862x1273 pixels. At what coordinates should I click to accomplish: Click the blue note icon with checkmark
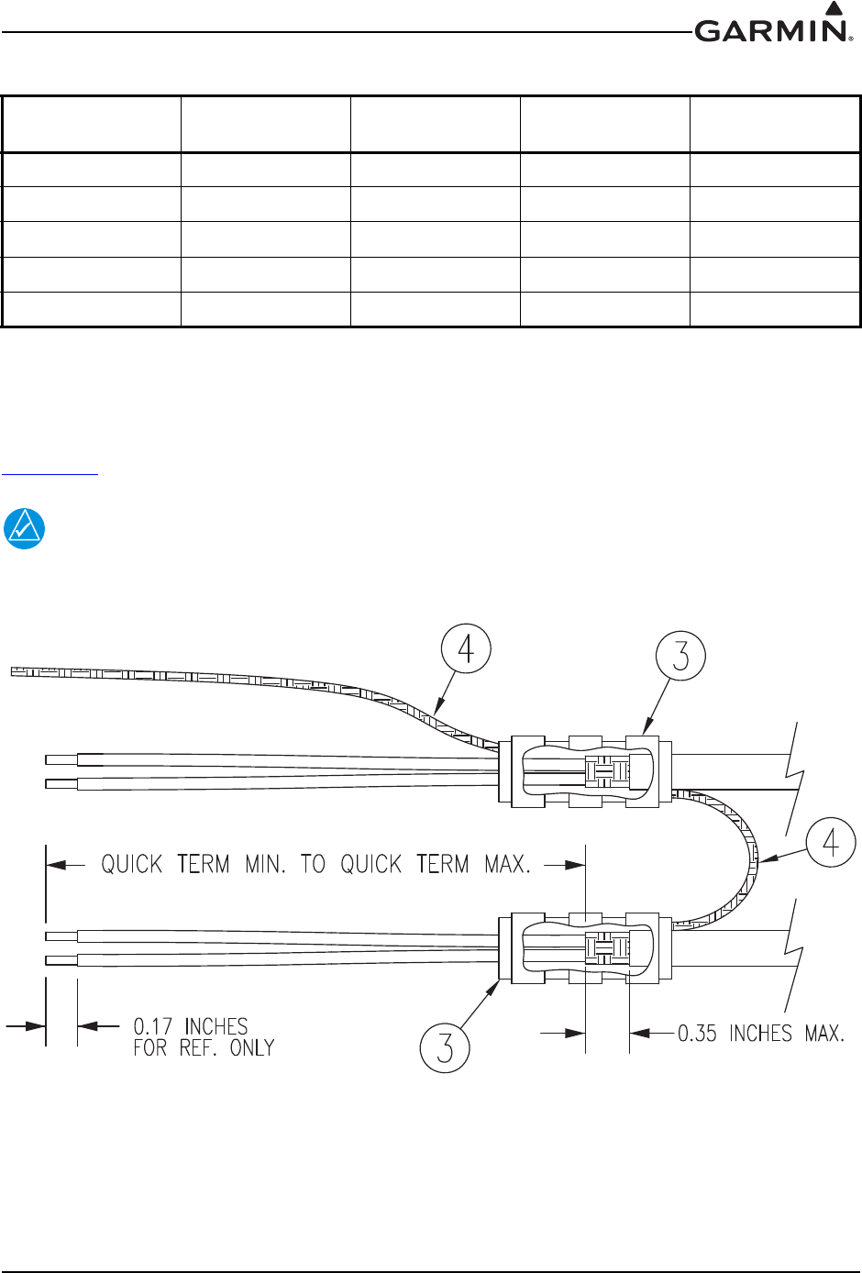pos(25,528)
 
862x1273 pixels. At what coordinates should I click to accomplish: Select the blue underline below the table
pos(50,473)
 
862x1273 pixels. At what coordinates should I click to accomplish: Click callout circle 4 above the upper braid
pos(466,648)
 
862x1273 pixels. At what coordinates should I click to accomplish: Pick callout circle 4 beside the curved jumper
pos(831,842)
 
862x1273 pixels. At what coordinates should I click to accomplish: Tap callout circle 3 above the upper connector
pos(680,656)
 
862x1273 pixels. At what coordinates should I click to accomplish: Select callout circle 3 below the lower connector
pos(445,1047)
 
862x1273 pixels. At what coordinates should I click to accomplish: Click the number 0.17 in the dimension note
pos(152,1026)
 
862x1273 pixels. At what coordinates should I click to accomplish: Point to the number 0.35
pos(697,1034)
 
